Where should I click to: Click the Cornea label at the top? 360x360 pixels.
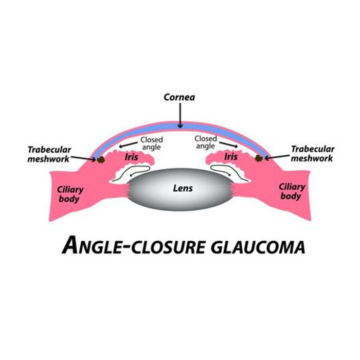point(179,97)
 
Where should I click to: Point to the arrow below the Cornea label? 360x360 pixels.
point(180,114)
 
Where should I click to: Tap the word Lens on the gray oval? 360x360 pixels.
point(183,188)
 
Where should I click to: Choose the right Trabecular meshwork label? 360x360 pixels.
point(312,154)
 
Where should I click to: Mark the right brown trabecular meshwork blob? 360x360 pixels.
point(259,158)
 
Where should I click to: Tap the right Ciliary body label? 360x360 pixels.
point(292,191)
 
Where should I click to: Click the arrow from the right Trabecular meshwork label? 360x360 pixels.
point(276,156)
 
